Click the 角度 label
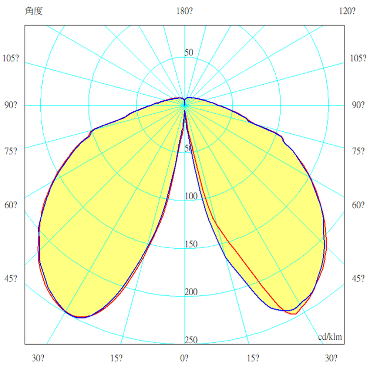pyautogui.click(x=34, y=11)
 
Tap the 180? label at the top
pyautogui.click(x=184, y=11)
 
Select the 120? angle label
pyautogui.click(x=347, y=11)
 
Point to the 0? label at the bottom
pyautogui.click(x=184, y=358)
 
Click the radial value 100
pyautogui.click(x=191, y=196)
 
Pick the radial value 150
pyautogui.click(x=191, y=244)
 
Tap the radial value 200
pyautogui.click(x=191, y=292)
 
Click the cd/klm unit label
pyautogui.click(x=330, y=337)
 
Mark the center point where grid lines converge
pyautogui.click(x=185, y=105)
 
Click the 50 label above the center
pyautogui.click(x=189, y=53)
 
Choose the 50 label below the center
pyautogui.click(x=189, y=148)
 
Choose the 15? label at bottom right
pyautogui.click(x=254, y=358)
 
